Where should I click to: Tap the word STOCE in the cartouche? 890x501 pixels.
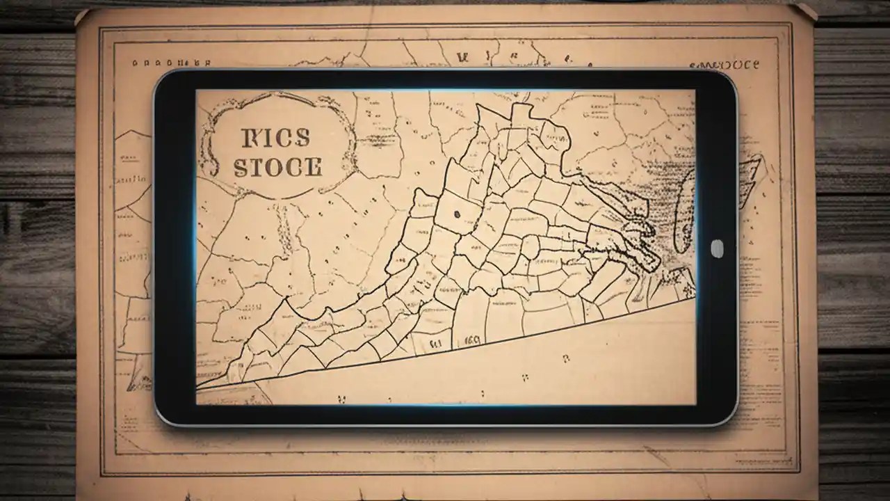(278, 168)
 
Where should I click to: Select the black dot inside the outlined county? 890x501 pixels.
(457, 214)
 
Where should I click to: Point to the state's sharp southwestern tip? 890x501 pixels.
(199, 385)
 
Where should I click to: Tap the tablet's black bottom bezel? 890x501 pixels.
(445, 415)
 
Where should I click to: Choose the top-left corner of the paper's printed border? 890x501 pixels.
(101, 28)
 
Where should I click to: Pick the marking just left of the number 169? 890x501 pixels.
(437, 343)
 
